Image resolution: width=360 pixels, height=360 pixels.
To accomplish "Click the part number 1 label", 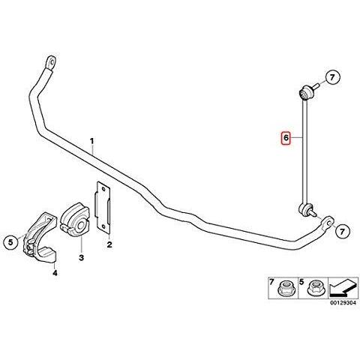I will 92,140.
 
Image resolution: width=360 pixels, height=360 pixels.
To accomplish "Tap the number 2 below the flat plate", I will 109,244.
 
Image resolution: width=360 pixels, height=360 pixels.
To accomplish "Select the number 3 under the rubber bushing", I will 82,258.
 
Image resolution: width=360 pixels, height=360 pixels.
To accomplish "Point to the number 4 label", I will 55,274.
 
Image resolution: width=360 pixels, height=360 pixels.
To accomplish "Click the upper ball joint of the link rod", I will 305,92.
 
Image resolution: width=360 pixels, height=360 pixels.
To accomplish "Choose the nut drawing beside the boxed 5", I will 316,289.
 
